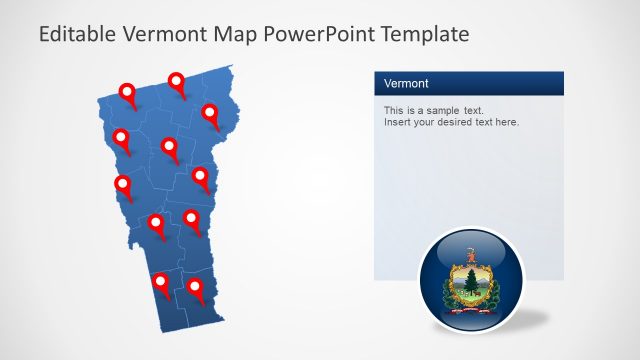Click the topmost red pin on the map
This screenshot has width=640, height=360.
tap(177, 82)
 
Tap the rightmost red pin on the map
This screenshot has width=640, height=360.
tap(210, 113)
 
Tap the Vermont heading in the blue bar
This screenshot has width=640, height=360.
tap(406, 83)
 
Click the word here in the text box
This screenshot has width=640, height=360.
tap(506, 122)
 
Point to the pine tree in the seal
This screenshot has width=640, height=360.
tap(467, 280)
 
